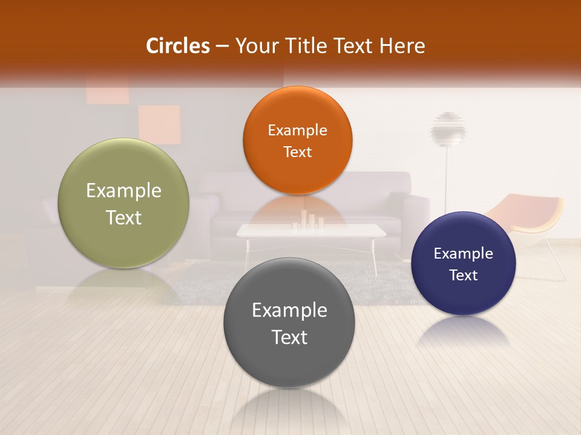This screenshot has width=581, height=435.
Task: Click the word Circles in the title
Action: [x=178, y=46]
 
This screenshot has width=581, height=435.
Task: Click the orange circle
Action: [x=297, y=140]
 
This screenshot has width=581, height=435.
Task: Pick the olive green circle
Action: [x=123, y=203]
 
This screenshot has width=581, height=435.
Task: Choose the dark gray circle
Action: [x=289, y=323]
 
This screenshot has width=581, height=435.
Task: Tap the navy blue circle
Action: [x=464, y=263]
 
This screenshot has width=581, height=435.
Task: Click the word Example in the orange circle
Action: [x=297, y=130]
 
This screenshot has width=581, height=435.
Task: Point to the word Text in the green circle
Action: [x=123, y=217]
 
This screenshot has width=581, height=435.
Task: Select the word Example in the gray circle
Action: [x=289, y=311]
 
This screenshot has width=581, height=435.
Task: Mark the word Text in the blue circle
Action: [x=464, y=275]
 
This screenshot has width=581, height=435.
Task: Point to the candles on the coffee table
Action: [x=309, y=222]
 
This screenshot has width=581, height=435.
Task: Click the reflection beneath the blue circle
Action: [x=464, y=332]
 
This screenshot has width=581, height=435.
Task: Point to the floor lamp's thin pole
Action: [x=446, y=181]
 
